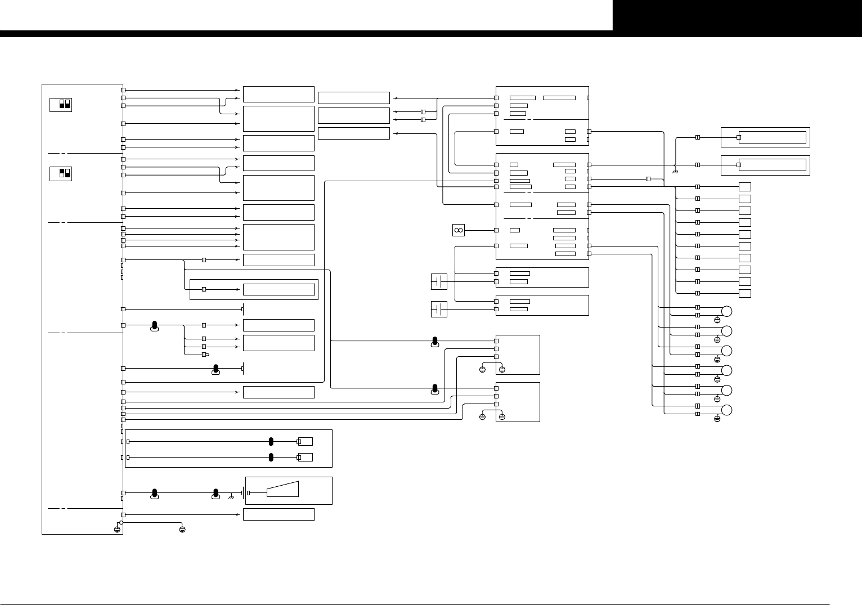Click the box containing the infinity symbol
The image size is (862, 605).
click(458, 230)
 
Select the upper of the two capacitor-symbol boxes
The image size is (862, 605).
click(439, 281)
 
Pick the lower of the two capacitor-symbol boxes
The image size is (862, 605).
click(439, 309)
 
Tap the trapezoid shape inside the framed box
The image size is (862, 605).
click(282, 490)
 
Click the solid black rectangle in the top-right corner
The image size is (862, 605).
click(737, 15)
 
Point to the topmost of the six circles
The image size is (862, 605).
click(726, 311)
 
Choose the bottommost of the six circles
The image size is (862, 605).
click(726, 410)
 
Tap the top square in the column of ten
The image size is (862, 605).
click(745, 187)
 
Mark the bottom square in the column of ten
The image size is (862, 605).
click(745, 293)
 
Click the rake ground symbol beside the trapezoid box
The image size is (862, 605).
click(231, 497)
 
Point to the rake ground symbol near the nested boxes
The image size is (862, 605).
click(674, 171)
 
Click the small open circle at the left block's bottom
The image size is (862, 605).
click(121, 522)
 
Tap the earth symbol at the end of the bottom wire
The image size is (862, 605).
click(182, 530)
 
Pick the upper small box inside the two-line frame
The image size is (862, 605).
click(306, 442)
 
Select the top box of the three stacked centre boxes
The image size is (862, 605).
click(353, 98)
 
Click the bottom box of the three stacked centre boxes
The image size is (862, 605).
click(353, 133)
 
